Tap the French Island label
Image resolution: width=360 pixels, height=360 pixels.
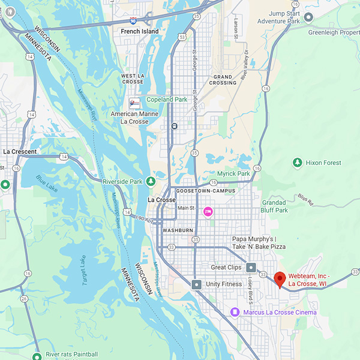[140, 31]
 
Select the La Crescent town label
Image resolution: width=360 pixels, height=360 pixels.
[20, 152]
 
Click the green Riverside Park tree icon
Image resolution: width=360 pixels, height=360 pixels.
[152, 181]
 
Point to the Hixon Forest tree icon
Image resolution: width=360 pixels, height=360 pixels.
[297, 163]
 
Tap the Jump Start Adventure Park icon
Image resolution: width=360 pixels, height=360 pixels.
[308, 17]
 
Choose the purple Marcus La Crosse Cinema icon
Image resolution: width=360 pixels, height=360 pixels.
[235, 312]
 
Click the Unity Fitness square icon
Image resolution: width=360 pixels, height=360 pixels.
[196, 284]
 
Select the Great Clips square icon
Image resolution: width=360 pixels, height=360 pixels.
[251, 268]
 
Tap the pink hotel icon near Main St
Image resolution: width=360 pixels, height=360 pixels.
[208, 211]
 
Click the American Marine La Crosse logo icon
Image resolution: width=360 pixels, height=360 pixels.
[134, 103]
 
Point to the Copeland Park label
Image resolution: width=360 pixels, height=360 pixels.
[167, 100]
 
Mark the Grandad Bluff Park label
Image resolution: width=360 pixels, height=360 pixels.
[274, 206]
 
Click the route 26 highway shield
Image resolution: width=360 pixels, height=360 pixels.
[23, 298]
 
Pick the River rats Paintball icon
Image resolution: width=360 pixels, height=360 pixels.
[37, 355]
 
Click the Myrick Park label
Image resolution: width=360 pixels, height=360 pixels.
[233, 173]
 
